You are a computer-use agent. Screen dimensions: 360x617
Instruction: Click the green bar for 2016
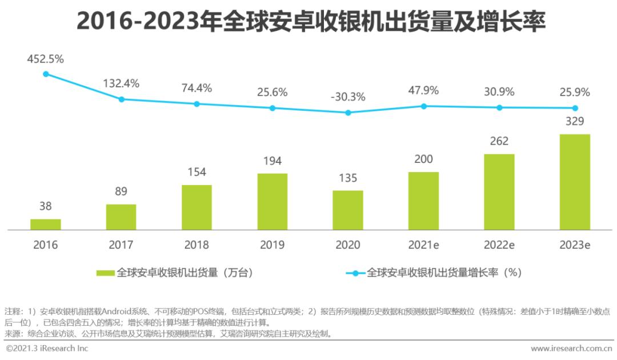(46, 224)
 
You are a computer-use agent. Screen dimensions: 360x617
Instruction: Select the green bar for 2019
(273, 201)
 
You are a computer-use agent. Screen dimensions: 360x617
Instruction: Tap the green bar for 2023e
(575, 182)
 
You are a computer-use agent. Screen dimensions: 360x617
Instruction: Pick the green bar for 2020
(348, 210)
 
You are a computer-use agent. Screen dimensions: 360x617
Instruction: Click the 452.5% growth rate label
(46, 59)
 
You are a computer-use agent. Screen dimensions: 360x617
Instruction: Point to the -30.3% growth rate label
(348, 97)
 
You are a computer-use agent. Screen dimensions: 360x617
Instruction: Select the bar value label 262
(499, 141)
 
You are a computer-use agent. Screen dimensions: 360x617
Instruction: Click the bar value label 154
(197, 172)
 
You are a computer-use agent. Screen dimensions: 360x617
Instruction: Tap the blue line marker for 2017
(121, 99)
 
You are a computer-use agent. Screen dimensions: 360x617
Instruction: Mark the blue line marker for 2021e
(423, 106)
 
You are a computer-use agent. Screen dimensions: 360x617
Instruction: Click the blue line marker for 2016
(46, 74)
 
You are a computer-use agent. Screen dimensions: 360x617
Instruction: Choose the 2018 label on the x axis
(197, 245)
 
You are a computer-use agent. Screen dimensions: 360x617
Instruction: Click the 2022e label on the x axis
(499, 245)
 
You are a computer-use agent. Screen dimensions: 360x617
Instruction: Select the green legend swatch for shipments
(106, 273)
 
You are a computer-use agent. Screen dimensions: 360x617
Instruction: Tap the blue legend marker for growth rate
(355, 273)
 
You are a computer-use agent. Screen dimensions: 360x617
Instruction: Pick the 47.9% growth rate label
(423, 90)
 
